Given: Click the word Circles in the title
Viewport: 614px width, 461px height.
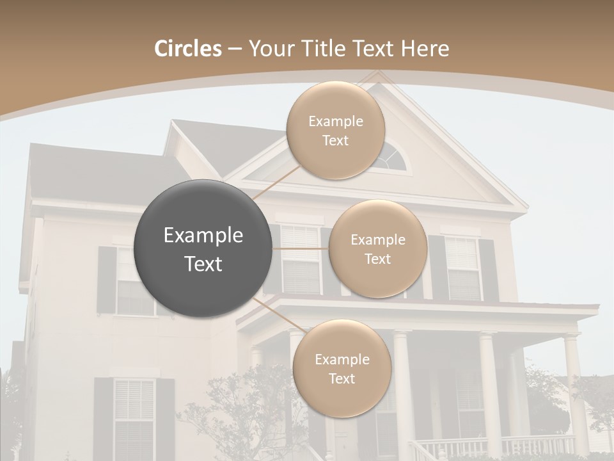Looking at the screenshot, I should click(x=188, y=49).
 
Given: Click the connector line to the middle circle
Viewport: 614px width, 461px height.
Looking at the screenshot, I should click(x=301, y=248).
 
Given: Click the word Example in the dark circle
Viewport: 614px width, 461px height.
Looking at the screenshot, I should click(x=203, y=236).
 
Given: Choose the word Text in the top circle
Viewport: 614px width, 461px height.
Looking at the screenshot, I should click(x=335, y=141).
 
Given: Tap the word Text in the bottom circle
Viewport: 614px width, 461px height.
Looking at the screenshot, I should click(x=342, y=378).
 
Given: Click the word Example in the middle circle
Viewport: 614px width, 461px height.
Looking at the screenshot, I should click(x=377, y=240).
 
